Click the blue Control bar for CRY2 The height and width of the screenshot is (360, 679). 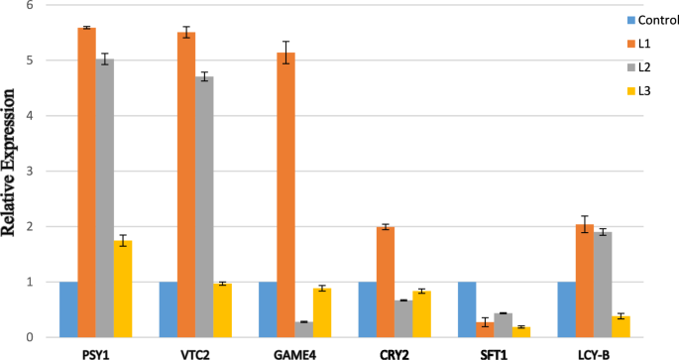click(x=367, y=309)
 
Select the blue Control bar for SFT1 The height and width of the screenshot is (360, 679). click(x=467, y=309)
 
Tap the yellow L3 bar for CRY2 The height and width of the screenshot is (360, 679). click(x=422, y=313)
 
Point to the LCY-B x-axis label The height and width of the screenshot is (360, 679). click(x=584, y=351)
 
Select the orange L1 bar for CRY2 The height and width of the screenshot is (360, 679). click(x=386, y=282)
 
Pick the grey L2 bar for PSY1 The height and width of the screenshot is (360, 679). click(x=105, y=198)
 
